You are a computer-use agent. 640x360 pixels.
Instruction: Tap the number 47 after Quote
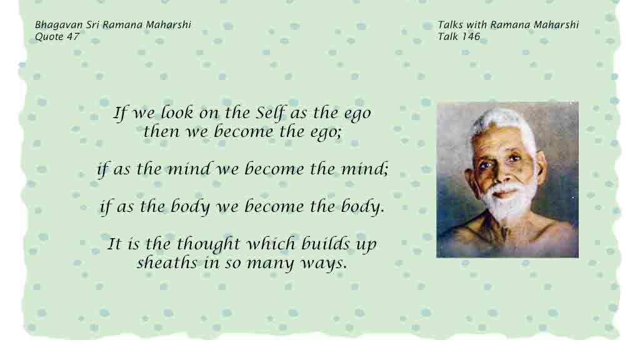tap(72, 37)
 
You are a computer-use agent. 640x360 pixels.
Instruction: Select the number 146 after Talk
tap(471, 37)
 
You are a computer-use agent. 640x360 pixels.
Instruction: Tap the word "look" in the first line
tap(176, 112)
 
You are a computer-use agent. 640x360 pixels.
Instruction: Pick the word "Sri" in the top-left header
tap(92, 25)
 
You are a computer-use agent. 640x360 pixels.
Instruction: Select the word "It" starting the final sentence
tap(114, 244)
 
